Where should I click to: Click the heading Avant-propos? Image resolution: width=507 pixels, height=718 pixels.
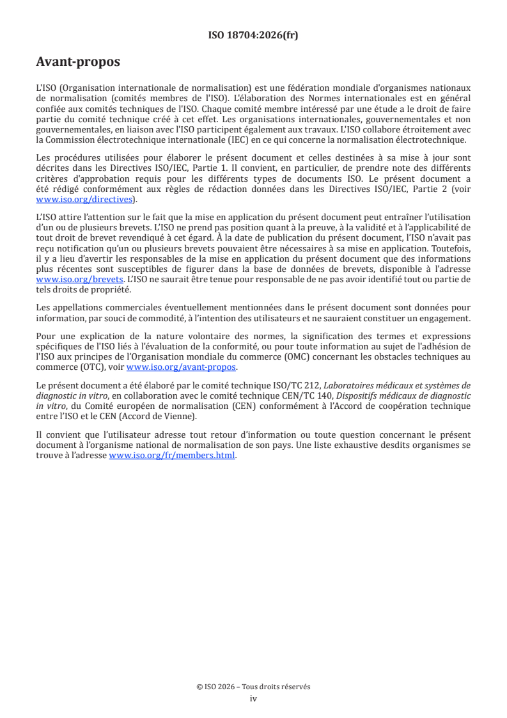click(x=78, y=63)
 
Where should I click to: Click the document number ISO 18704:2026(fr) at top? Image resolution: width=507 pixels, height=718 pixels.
click(x=253, y=35)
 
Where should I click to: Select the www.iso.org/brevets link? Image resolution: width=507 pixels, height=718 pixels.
click(x=79, y=280)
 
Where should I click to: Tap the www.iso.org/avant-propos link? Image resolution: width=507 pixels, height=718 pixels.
click(x=182, y=367)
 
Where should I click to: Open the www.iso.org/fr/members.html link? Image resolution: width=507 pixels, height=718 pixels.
click(x=173, y=456)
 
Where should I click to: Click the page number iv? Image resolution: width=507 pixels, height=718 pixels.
click(x=253, y=698)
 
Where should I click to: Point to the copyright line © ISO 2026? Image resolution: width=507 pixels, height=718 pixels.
click(x=253, y=687)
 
